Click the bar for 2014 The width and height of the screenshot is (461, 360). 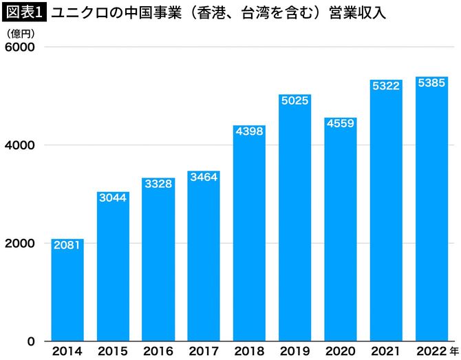pos(67,290)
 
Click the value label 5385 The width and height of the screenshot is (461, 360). pos(431,83)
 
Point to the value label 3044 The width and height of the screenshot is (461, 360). pos(113,198)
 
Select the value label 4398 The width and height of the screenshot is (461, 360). pos(249,131)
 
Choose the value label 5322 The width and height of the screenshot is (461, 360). pos(386,86)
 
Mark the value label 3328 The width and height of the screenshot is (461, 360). pos(158,184)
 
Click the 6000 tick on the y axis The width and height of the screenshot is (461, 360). pos(21,47)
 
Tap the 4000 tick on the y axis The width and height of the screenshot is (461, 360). pos(21,145)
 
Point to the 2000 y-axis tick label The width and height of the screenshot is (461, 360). pos(21,243)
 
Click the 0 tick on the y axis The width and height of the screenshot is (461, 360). pos(30,341)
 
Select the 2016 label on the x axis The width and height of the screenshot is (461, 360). pos(158,351)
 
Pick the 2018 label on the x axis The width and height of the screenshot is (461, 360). pos(249,351)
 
